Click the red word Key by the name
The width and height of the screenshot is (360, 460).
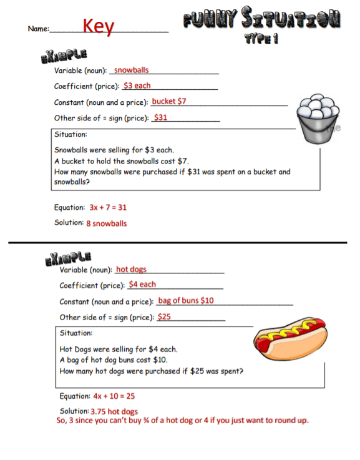(99, 26)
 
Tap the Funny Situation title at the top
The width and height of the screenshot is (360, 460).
(261, 20)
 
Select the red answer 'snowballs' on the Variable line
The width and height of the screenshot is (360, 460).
(131, 71)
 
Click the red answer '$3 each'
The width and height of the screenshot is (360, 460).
(137, 86)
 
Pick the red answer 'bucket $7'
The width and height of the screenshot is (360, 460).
(168, 101)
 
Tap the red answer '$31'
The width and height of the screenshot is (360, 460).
(160, 117)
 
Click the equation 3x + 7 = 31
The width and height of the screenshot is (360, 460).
(108, 207)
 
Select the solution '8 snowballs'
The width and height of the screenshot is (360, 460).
(106, 223)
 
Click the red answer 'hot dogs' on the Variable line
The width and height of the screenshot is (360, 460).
(131, 270)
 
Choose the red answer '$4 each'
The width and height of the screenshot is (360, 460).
(142, 285)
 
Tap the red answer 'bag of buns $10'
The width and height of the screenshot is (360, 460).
(186, 301)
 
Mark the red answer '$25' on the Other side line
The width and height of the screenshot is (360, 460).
(164, 317)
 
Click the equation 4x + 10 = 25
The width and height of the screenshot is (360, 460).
(114, 396)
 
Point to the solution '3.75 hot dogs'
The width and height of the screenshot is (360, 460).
(114, 411)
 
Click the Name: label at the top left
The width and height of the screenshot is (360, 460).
(38, 29)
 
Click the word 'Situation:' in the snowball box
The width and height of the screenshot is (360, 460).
(71, 134)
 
